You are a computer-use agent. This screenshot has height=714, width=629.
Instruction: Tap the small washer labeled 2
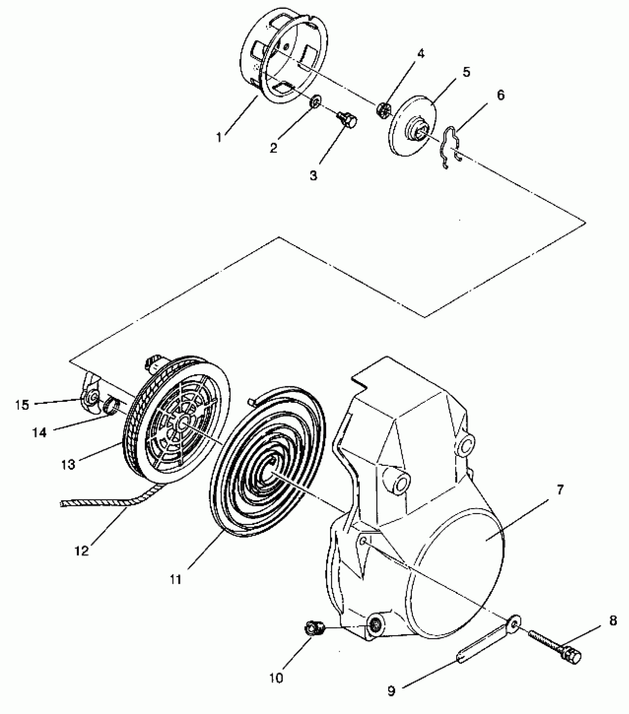click(x=316, y=101)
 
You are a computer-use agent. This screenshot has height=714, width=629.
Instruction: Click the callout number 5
click(x=466, y=72)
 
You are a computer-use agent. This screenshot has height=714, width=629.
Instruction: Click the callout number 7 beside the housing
click(x=559, y=490)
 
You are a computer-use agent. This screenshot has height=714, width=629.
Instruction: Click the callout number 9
click(x=391, y=690)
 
